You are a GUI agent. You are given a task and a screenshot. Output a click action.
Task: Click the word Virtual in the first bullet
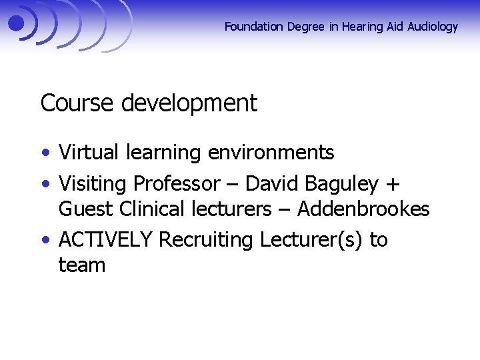pyautogui.click(x=86, y=153)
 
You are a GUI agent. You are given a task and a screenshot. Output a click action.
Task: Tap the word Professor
pyautogui.click(x=176, y=183)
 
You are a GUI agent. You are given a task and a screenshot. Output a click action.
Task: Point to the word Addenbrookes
pyautogui.click(x=363, y=209)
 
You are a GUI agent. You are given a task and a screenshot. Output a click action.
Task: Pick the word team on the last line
pyautogui.click(x=82, y=265)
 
